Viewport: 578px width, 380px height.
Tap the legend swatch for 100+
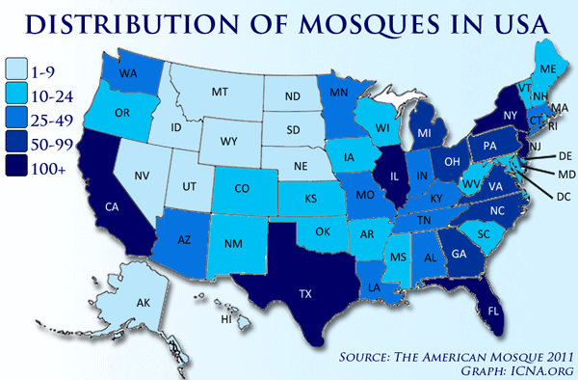(x=17, y=169)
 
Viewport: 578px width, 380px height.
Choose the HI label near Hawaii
(x=228, y=319)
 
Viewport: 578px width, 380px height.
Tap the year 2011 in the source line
(x=547, y=354)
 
